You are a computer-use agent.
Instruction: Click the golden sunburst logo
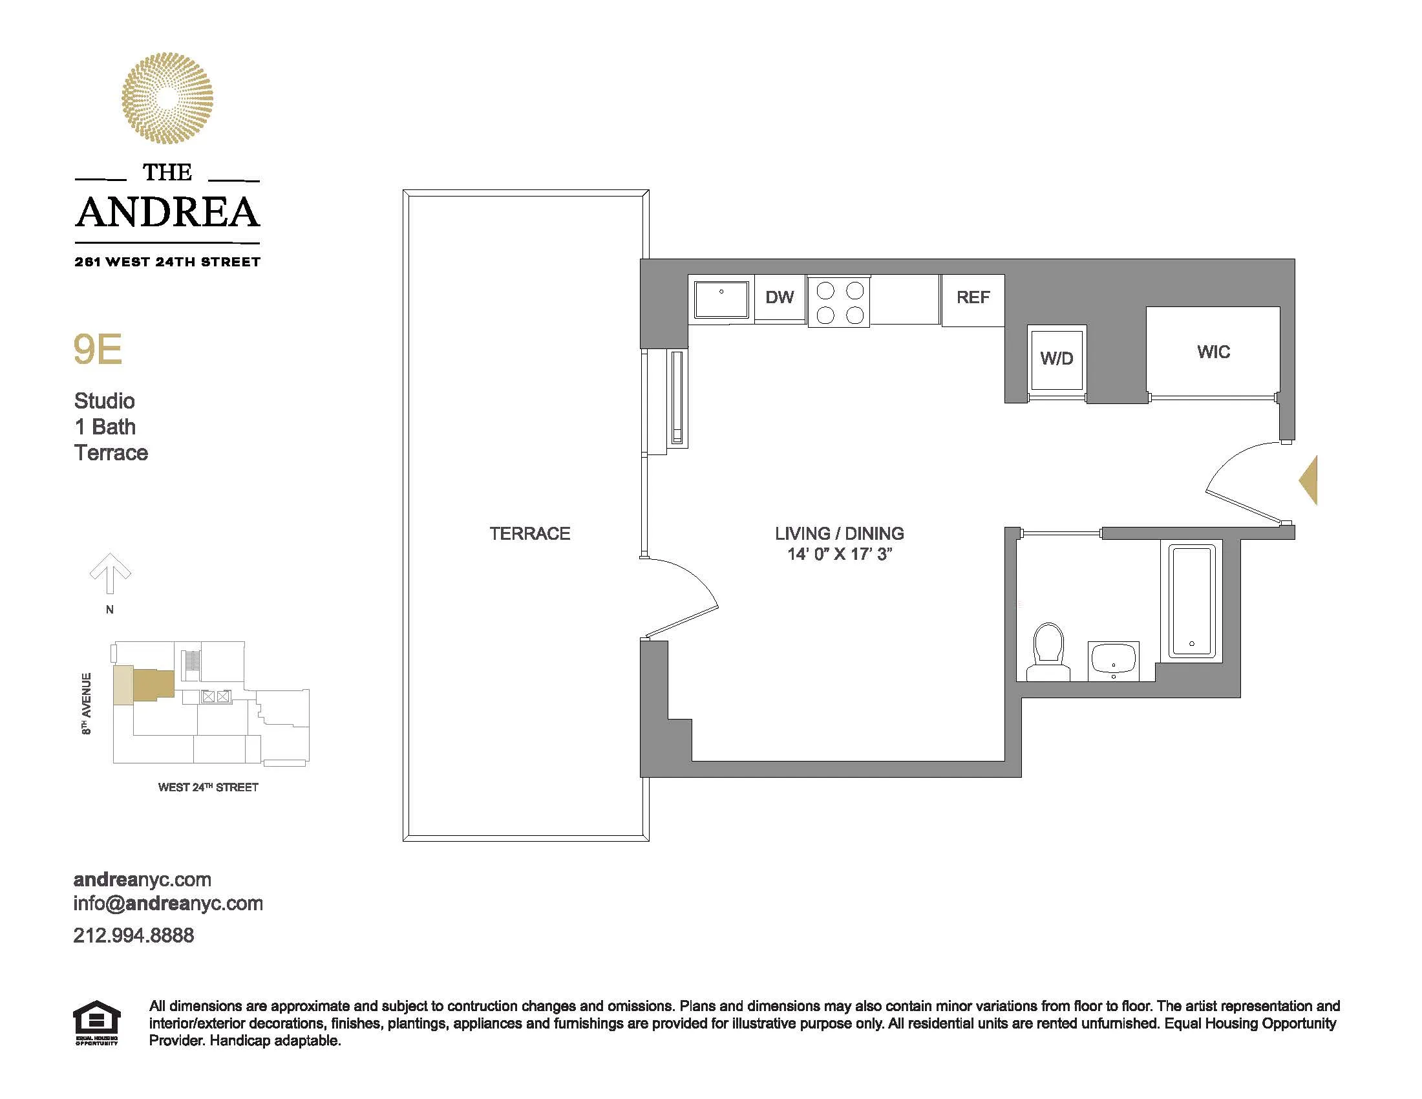pyautogui.click(x=167, y=98)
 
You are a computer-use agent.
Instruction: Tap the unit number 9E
pyautogui.click(x=98, y=350)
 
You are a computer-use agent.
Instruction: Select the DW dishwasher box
pyautogui.click(x=780, y=297)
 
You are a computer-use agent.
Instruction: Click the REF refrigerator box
pyautogui.click(x=973, y=297)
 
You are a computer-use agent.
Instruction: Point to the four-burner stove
pyautogui.click(x=839, y=302)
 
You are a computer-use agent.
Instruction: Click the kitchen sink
pyautogui.click(x=721, y=299)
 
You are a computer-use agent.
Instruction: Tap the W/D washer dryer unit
pyautogui.click(x=1056, y=359)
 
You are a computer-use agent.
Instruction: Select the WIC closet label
pyautogui.click(x=1213, y=352)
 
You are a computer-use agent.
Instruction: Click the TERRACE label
pyautogui.click(x=529, y=534)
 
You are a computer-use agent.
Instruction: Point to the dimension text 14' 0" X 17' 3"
pyautogui.click(x=838, y=555)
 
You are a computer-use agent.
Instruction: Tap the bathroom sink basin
pyautogui.click(x=1114, y=660)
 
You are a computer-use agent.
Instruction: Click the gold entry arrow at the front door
pyautogui.click(x=1309, y=480)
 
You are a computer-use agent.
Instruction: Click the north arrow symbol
pyautogui.click(x=110, y=573)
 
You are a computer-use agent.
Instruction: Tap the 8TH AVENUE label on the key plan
pyautogui.click(x=87, y=704)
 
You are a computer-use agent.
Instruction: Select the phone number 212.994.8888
pyautogui.click(x=134, y=935)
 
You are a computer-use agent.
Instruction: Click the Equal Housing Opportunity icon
pyautogui.click(x=96, y=1023)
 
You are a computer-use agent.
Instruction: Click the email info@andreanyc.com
pyautogui.click(x=168, y=904)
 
